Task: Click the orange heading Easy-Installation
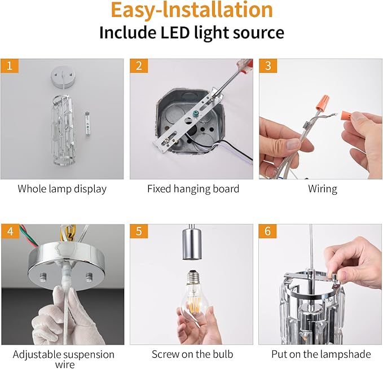(191, 10)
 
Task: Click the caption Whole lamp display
(62, 189)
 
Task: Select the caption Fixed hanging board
(193, 189)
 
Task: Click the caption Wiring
(323, 189)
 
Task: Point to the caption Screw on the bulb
(192, 354)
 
